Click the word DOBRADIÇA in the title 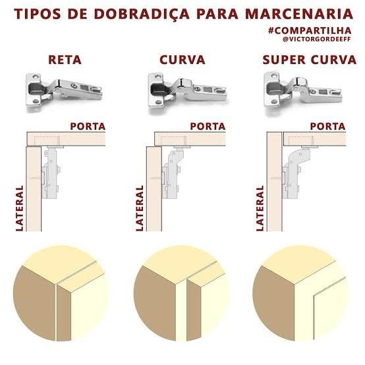click(142, 14)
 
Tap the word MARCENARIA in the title click(299, 14)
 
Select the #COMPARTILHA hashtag click(310, 30)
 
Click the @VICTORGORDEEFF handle click(317, 39)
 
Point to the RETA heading click(65, 60)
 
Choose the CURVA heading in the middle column click(182, 60)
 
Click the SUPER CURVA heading click(310, 60)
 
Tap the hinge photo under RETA click(64, 90)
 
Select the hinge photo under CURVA click(187, 91)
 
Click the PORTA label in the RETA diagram click(88, 126)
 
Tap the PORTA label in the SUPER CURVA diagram click(327, 126)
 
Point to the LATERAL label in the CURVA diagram click(140, 208)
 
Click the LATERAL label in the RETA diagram click(20, 208)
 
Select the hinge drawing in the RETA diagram click(51, 172)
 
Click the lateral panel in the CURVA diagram click(154, 189)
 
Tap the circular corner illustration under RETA click(61, 293)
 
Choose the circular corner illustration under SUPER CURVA click(300, 293)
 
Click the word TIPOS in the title click(38, 14)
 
